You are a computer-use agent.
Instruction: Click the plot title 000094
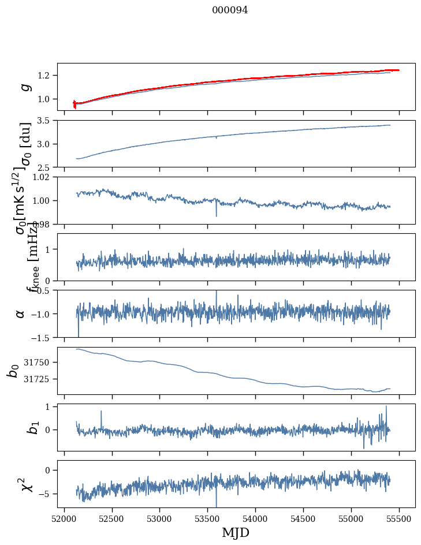pos(230,10)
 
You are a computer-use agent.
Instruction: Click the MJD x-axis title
pos(236,533)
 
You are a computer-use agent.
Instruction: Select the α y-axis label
pos(20,313)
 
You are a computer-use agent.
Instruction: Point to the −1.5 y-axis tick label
pos(42,337)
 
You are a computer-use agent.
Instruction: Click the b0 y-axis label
pos(13,370)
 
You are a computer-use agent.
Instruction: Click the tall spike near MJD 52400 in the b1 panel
pos(101,412)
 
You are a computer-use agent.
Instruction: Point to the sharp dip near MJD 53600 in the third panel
pos(216,215)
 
